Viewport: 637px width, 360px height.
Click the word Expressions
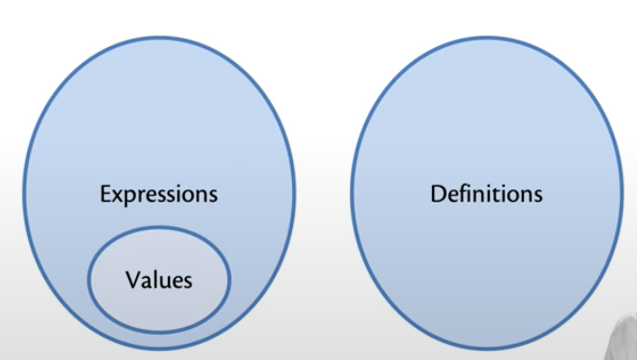pyautogui.click(x=158, y=194)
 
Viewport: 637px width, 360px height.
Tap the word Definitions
pyautogui.click(x=486, y=194)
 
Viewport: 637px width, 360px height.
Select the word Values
pyautogui.click(x=158, y=279)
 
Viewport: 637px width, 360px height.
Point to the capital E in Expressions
pyautogui.click(x=105, y=194)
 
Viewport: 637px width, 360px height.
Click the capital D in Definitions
pyautogui.click(x=438, y=194)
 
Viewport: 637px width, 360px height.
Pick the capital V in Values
pyautogui.click(x=132, y=279)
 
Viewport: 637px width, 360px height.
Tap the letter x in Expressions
pyautogui.click(x=117, y=195)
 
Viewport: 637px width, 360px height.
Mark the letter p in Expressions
pyautogui.click(x=129, y=197)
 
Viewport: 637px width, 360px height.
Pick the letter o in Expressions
pyautogui.click(x=191, y=195)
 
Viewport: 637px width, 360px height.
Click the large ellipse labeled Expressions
pyautogui.click(x=158, y=113)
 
